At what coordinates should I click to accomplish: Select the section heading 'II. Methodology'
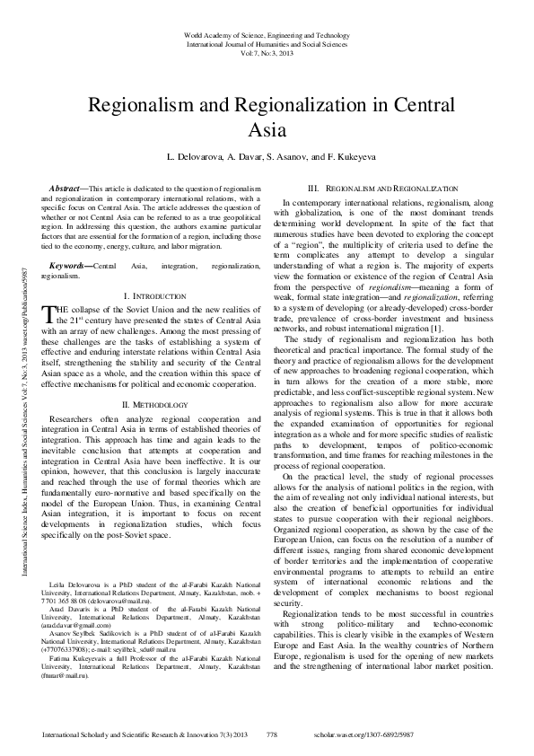point(153,405)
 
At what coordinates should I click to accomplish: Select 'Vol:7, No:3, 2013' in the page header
point(266,53)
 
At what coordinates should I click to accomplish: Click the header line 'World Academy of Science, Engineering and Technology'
point(266,34)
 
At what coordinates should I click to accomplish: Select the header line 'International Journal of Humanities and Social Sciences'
point(266,43)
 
